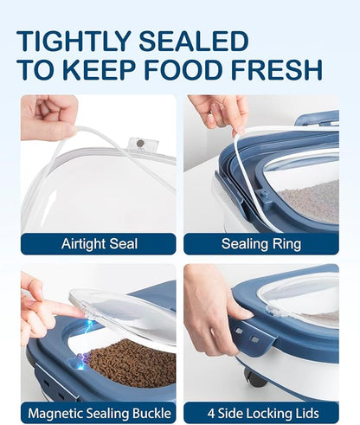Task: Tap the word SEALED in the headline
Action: [194, 42]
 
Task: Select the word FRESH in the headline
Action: [276, 70]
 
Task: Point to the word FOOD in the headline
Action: [183, 70]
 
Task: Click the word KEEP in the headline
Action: [100, 70]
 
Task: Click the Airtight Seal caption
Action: [100, 244]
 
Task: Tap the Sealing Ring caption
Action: [261, 244]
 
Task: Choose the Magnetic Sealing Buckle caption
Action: [100, 414]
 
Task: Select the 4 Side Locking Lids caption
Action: [263, 414]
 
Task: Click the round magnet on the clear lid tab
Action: [141, 143]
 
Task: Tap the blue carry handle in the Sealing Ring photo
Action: [318, 119]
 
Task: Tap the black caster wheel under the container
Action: [255, 377]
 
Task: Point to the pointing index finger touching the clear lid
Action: [57, 309]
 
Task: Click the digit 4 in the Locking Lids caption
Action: [211, 414]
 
